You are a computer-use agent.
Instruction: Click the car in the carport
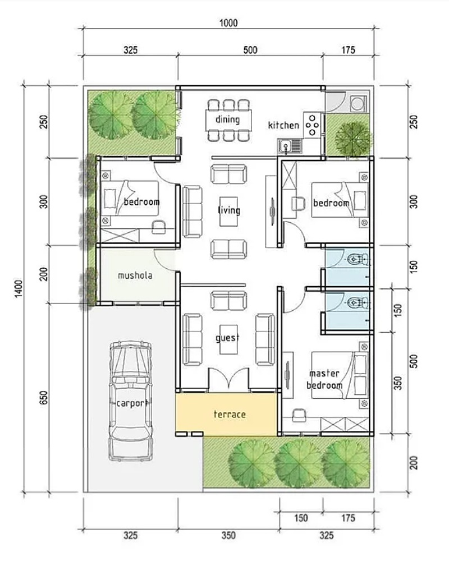pos(131,401)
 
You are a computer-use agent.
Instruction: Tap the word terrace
pos(230,415)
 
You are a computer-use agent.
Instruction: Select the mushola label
pos(135,275)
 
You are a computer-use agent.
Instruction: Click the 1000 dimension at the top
pos(228,23)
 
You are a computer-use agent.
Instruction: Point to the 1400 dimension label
pos(19,288)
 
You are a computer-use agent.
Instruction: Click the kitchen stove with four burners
pos(312,125)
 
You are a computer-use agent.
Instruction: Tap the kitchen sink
pos(289,146)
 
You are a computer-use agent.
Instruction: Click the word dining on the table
pos(227,119)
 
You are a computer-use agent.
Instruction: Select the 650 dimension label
pos(43,398)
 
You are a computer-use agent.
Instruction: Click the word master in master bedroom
pos(324,373)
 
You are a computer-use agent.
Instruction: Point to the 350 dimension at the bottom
pos(228,536)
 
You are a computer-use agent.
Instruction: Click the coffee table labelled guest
pos(228,339)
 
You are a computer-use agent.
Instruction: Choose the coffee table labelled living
pos(228,211)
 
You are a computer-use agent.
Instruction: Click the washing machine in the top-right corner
pos(358,104)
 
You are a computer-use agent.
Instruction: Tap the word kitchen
pos(283,125)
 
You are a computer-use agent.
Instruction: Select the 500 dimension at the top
pos(250,50)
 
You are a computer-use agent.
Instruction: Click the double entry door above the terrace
pos(228,379)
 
